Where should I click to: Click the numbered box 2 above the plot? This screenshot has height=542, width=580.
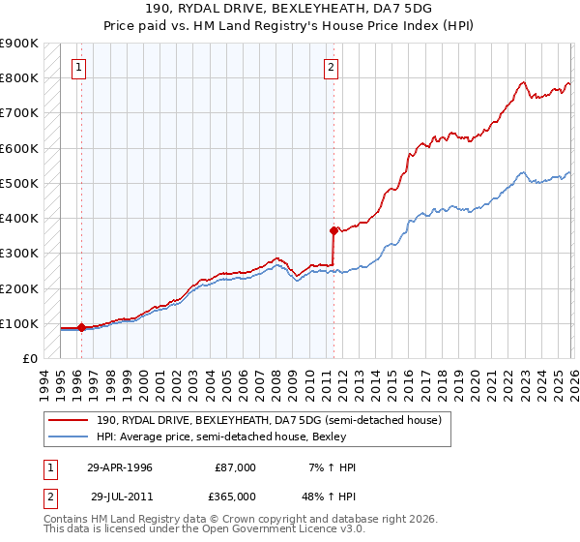[332, 67]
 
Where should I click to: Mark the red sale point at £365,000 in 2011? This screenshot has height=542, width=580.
[333, 230]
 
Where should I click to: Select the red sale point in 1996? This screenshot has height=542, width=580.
[81, 327]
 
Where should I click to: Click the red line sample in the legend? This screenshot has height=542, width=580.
[70, 420]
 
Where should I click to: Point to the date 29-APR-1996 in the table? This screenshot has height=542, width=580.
[120, 467]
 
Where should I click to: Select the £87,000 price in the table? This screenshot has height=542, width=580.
[236, 467]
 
